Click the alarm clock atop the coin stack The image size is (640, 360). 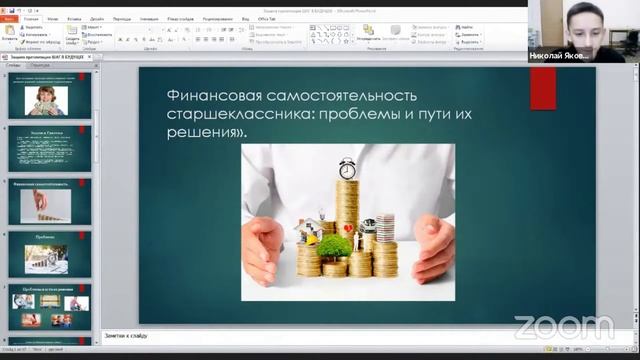pyautogui.click(x=347, y=167)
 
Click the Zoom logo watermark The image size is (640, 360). pyautogui.click(x=563, y=326)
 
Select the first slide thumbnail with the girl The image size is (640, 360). pyautogui.click(x=53, y=94)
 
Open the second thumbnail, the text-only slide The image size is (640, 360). pyautogui.click(x=53, y=147)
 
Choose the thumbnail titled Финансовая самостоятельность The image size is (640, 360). pyautogui.click(x=53, y=200)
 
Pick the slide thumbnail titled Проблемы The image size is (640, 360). pyautogui.click(x=53, y=253)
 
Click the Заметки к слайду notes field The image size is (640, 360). pyautogui.click(x=300, y=336)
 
